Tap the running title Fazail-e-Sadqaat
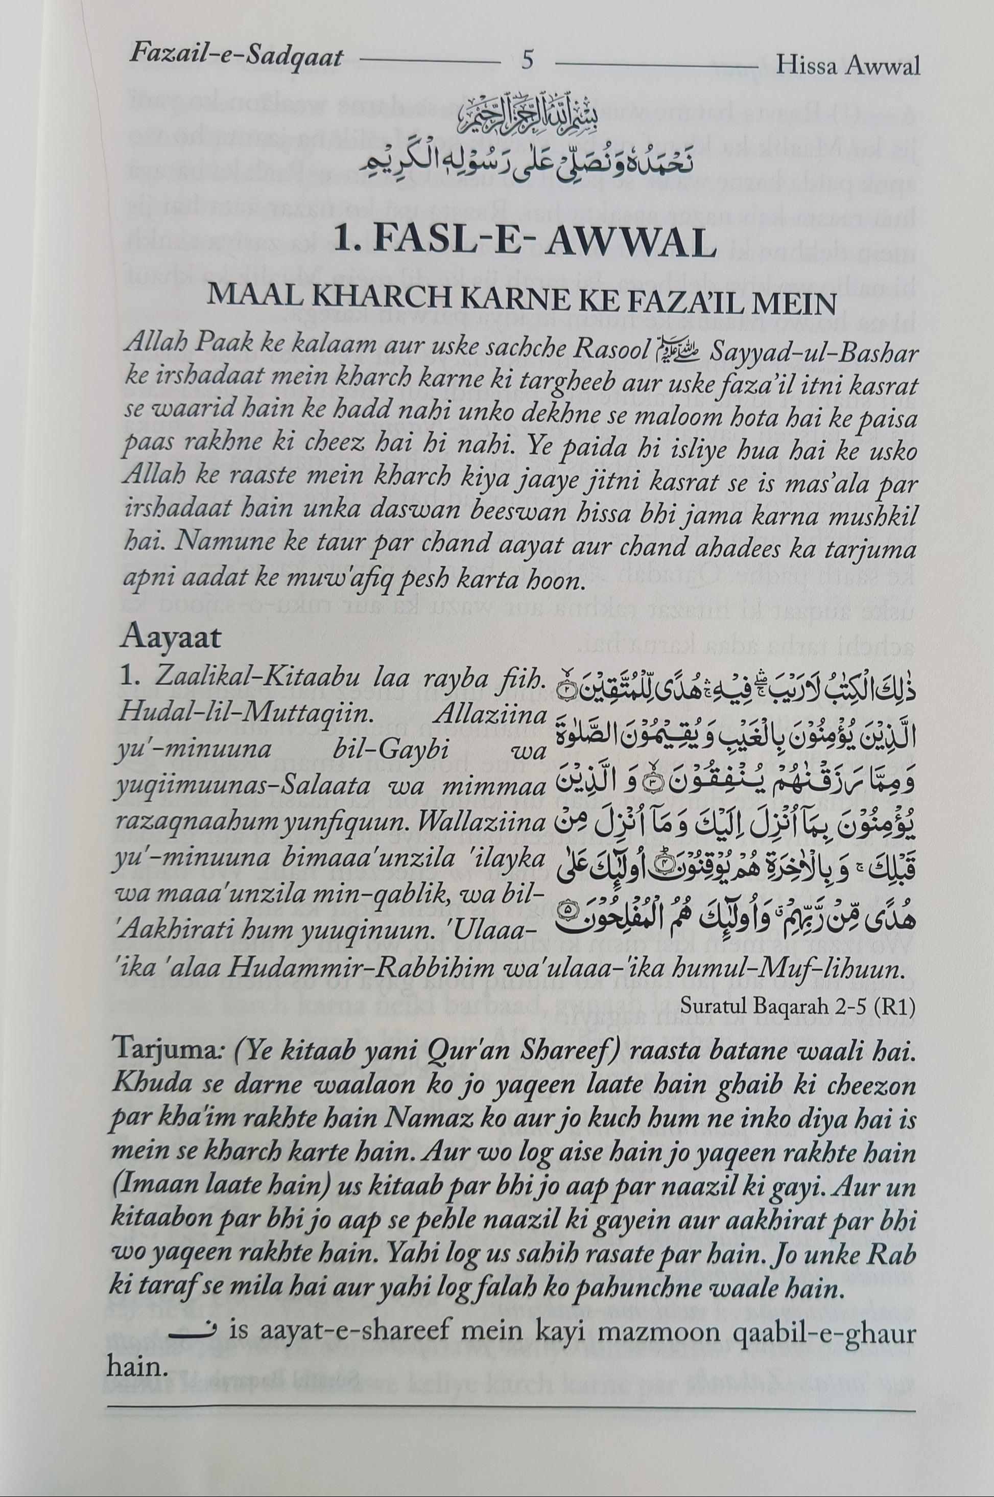click(x=236, y=58)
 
